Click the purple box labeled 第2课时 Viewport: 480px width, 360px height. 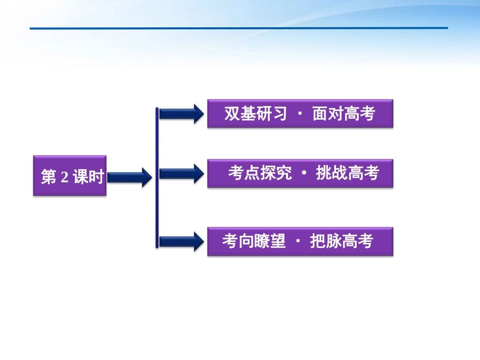(70, 176)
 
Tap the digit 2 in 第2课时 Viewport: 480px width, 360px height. (64, 177)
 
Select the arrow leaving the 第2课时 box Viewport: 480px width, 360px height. (129, 177)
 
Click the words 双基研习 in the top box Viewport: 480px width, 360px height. (256, 114)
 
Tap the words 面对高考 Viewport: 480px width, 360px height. (344, 114)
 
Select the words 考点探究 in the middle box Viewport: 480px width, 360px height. (260, 173)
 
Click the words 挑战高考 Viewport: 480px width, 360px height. (347, 173)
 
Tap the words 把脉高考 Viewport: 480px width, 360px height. (341, 241)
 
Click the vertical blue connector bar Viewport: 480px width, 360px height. (157, 177)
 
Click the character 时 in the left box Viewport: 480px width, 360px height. (96, 177)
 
